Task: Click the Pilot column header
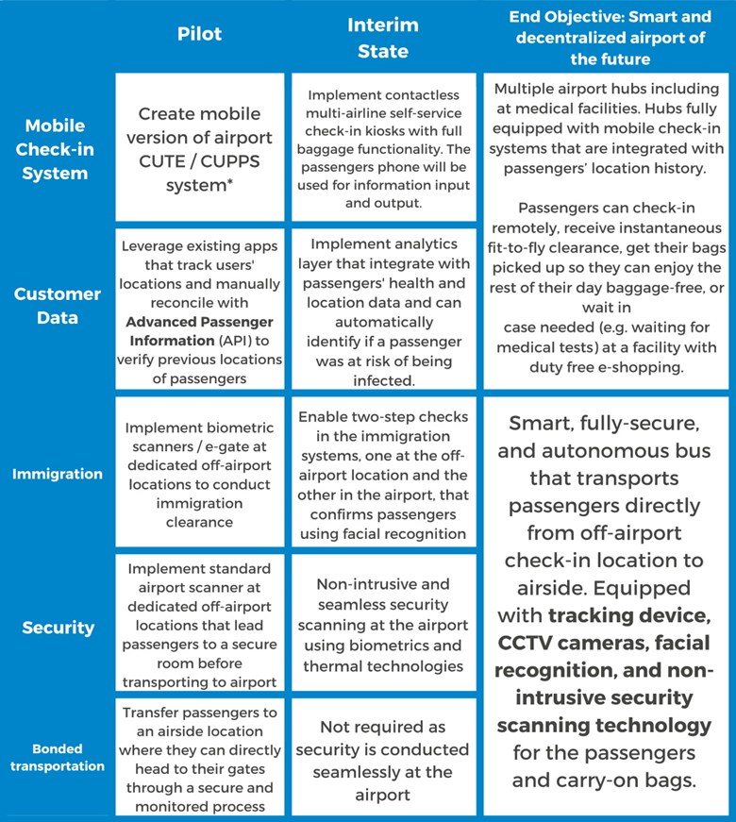point(199,34)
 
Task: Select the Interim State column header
point(383,38)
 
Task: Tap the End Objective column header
point(611,38)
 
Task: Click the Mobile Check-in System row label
point(55,149)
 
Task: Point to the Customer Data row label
point(58,306)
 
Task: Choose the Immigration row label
point(58,474)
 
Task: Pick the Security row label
point(59,628)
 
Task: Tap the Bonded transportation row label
point(58,758)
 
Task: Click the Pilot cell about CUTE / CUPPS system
point(200,147)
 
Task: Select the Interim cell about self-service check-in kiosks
point(384,147)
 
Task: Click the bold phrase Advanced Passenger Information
point(199,331)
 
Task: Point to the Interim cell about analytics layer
point(384,309)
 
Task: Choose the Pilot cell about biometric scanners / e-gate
point(200,472)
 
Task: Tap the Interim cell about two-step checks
point(384,472)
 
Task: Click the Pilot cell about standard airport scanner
point(200,623)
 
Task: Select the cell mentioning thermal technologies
point(384,623)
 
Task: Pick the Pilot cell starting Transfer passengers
point(200,757)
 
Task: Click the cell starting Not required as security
point(384,757)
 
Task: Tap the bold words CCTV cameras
point(567,643)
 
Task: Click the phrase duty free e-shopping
point(607,367)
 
